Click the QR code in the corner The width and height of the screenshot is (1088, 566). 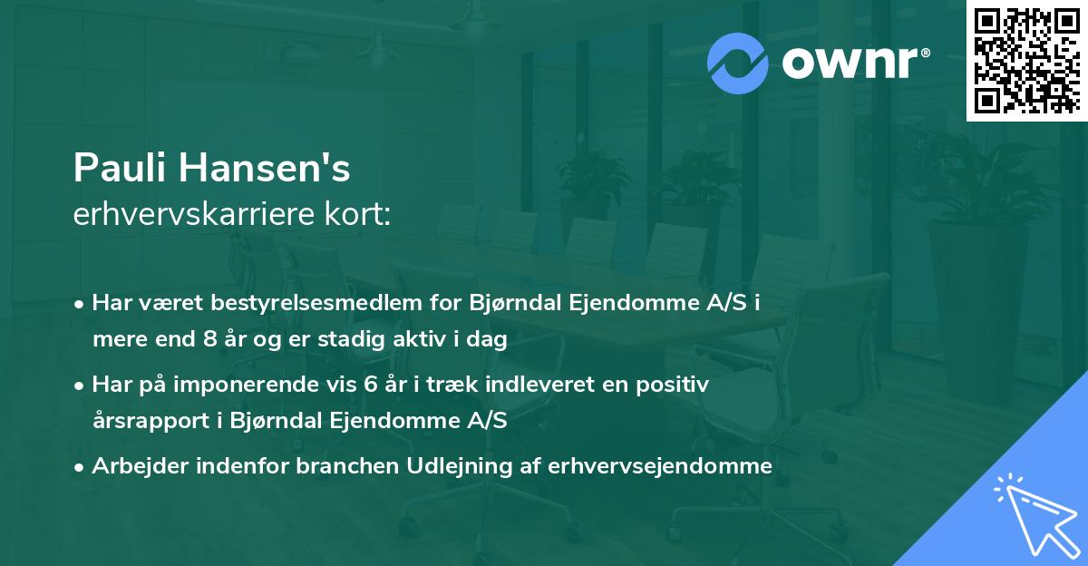1026,60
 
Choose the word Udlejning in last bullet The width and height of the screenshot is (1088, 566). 440,466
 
